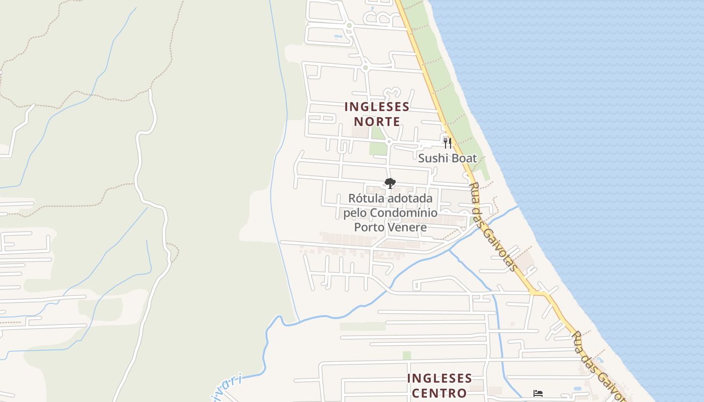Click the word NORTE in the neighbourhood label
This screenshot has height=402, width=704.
[x=377, y=122]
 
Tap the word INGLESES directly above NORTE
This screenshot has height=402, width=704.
[x=377, y=107]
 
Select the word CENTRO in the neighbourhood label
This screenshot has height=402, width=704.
[x=439, y=392]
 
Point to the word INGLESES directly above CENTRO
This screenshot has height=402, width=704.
[x=439, y=378]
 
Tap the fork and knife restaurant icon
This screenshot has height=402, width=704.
[x=447, y=143]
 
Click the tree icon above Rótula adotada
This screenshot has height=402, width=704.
[x=390, y=183]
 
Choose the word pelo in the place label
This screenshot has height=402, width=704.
[x=356, y=213]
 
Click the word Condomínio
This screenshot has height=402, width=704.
[x=404, y=213]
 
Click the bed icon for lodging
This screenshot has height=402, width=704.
[x=538, y=393]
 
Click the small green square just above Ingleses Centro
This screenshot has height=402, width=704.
[x=406, y=355]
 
